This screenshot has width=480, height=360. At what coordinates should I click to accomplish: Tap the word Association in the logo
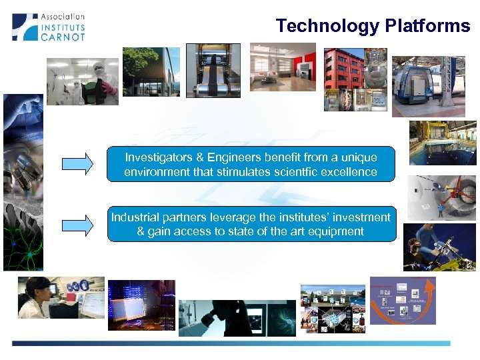click(x=63, y=16)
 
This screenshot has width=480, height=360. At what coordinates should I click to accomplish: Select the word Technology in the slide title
click(x=327, y=26)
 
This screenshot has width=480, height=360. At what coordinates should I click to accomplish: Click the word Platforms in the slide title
click(x=427, y=26)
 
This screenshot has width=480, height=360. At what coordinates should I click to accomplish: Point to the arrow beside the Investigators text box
click(x=77, y=164)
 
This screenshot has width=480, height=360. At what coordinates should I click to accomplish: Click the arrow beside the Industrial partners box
click(x=77, y=224)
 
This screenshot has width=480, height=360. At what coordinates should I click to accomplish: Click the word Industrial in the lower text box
click(x=135, y=217)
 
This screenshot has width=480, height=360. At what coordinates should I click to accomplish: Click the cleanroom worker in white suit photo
click(x=83, y=81)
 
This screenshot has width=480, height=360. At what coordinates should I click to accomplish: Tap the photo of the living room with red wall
click(x=283, y=67)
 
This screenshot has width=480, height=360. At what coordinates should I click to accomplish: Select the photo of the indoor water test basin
click(x=442, y=143)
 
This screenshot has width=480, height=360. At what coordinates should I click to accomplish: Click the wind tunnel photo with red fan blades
click(x=441, y=198)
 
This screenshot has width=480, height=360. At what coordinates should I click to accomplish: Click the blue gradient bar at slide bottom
click(x=231, y=343)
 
